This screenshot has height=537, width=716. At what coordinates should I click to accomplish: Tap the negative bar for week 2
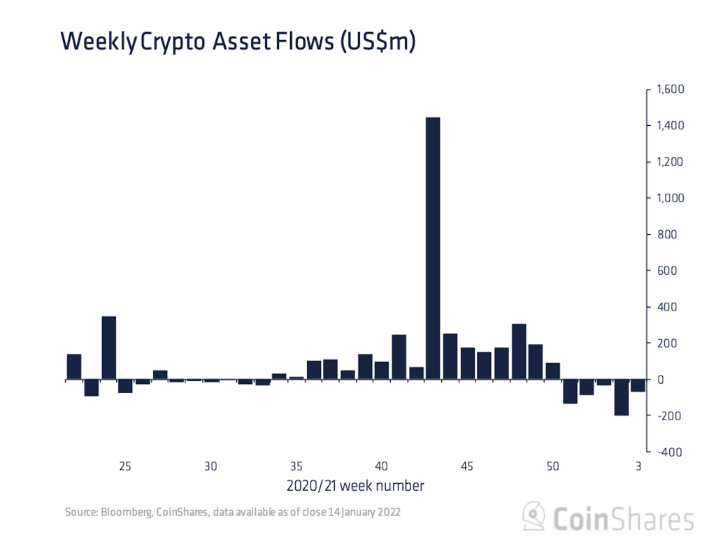[x=622, y=398]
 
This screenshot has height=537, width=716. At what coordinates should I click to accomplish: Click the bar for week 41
[x=399, y=357]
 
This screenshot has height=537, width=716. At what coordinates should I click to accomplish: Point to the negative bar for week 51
[x=570, y=392]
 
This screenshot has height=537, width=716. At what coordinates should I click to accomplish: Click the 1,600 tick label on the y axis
[x=669, y=89]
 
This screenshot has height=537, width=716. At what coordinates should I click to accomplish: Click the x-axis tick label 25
[x=125, y=466]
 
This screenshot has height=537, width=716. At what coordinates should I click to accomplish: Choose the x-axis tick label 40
[x=382, y=466]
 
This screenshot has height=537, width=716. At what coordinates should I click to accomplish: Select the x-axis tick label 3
[x=638, y=466]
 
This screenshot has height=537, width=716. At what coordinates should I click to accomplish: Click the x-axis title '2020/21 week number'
[x=355, y=485]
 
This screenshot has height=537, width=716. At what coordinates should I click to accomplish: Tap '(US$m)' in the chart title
[x=378, y=42]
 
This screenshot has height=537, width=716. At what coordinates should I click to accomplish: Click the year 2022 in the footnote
[x=388, y=513]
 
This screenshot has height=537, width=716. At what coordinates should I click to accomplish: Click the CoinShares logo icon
[x=534, y=517]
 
